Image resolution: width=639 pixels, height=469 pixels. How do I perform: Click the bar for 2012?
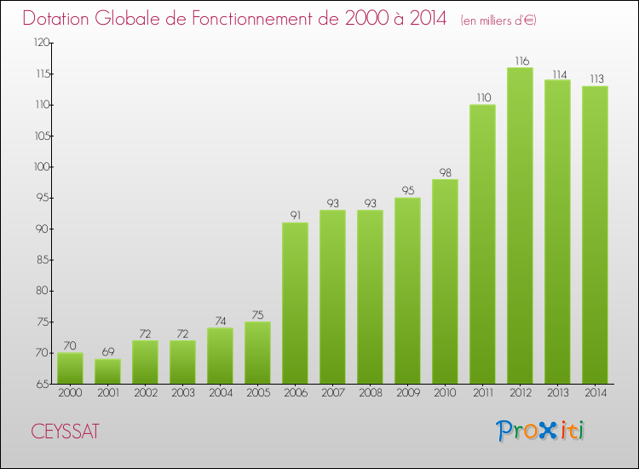520,226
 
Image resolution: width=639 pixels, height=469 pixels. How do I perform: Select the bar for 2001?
107,371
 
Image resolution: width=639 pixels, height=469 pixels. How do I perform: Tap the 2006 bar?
295,303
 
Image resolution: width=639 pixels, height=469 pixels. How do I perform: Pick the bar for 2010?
445,281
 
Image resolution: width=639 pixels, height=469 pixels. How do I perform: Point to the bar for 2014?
595,234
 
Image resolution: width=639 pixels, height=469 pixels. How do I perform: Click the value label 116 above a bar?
520,61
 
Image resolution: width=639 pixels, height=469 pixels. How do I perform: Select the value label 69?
107,352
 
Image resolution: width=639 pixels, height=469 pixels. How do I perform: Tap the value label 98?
445,172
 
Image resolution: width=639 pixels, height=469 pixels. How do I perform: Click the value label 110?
482,98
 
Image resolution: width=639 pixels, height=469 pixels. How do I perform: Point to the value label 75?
257,315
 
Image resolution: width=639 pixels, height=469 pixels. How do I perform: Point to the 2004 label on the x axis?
220,394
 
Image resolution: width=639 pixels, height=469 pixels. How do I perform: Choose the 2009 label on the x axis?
407,394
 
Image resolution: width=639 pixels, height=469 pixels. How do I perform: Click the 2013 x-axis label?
557,394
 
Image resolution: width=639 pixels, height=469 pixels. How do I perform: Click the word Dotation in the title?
60,19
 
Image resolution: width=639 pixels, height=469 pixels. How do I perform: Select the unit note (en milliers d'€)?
498,20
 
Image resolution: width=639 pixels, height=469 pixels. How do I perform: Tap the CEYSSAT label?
64,431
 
